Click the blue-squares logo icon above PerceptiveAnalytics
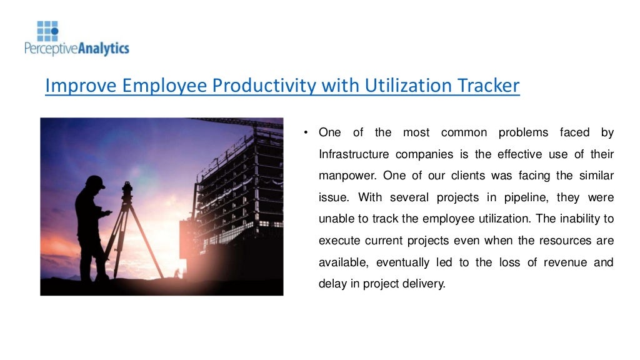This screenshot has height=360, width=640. (x=47, y=31)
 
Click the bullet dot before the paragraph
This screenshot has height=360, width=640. (x=306, y=132)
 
